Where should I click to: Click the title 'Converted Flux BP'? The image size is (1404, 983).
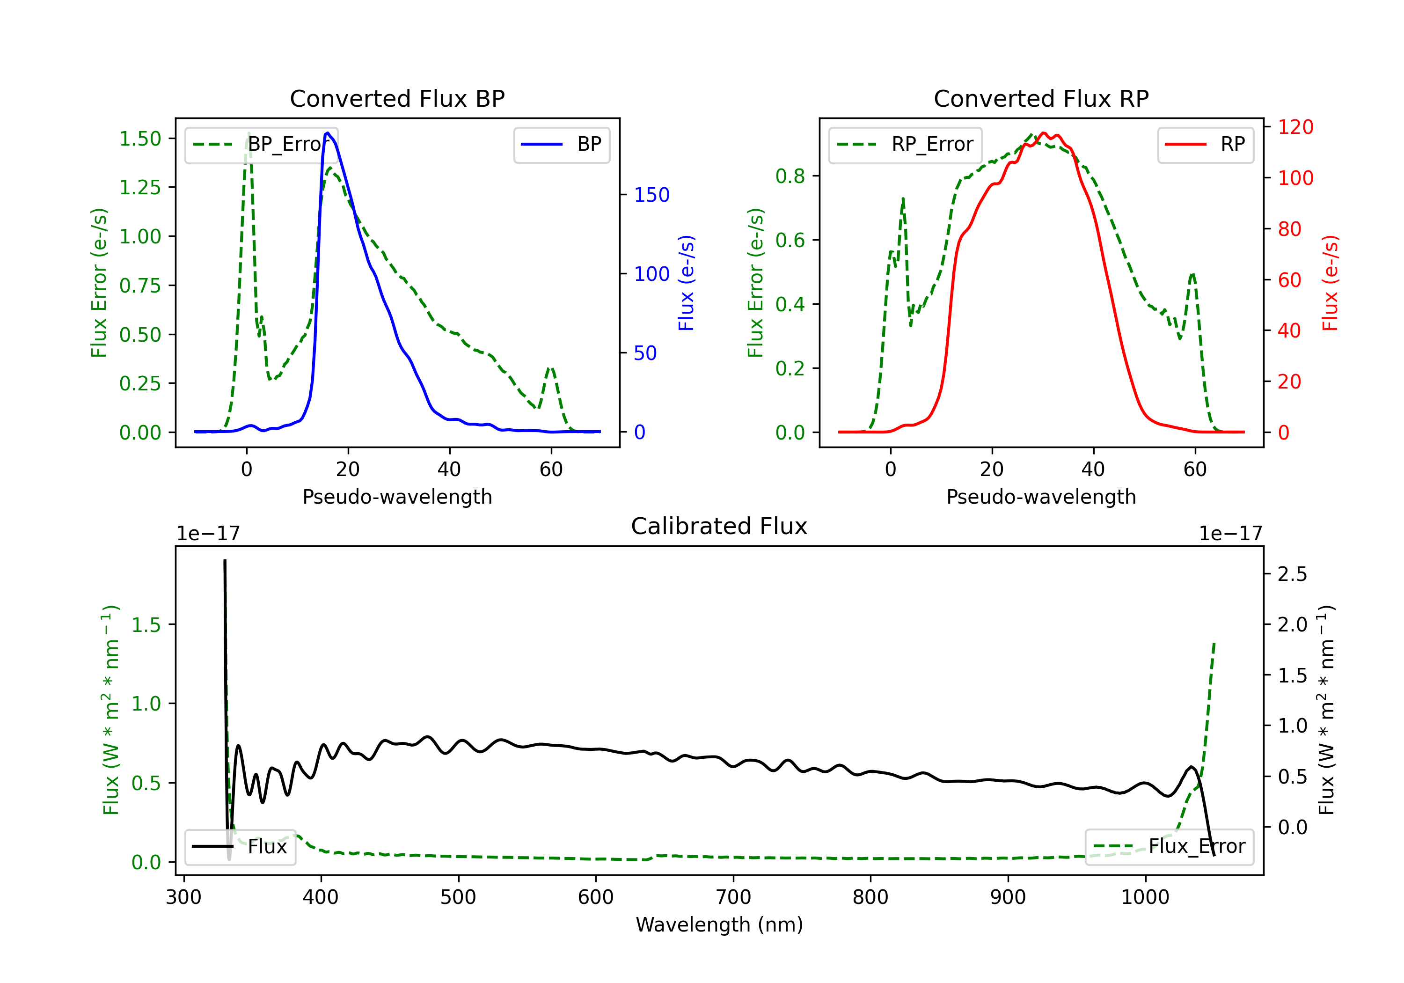coord(397,98)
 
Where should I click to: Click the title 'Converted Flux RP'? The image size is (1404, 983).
coord(1041,98)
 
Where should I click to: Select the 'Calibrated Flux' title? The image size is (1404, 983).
coord(719,526)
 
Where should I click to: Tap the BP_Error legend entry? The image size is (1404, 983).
coord(261,144)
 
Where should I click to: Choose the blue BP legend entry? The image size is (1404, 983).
coord(561,144)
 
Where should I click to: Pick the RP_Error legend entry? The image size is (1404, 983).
coord(905,144)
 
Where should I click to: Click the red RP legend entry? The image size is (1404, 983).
coord(1205,144)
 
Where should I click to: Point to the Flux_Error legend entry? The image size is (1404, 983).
coord(1169,847)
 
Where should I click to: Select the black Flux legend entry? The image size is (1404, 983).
coord(240,847)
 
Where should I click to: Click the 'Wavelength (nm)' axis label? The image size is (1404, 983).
coord(719,925)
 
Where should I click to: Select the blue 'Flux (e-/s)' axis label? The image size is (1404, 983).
coord(686,283)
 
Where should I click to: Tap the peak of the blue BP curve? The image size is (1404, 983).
coord(328,133)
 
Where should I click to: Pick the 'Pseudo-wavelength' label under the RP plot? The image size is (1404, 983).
coord(1041,497)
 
